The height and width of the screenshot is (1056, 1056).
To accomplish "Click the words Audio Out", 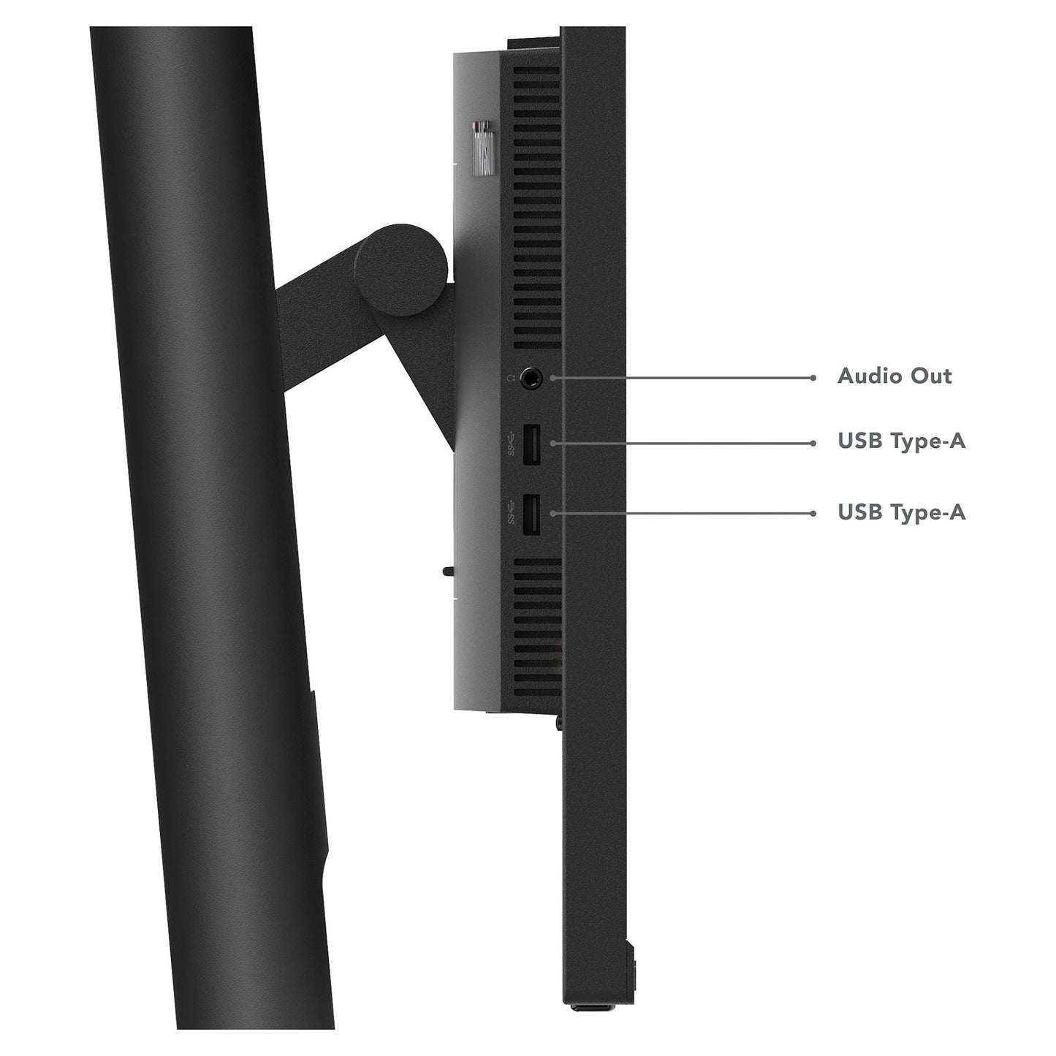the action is (894, 376).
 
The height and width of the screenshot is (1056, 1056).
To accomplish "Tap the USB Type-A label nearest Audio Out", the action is (902, 441).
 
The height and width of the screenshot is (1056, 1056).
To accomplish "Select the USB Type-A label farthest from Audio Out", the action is (902, 512).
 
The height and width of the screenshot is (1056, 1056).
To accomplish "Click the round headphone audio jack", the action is (531, 378).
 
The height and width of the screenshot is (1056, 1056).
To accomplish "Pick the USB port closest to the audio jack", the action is (532, 444).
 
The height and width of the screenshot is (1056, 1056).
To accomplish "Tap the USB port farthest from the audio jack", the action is (531, 514).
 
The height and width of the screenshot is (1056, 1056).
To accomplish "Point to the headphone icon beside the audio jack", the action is (512, 378).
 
